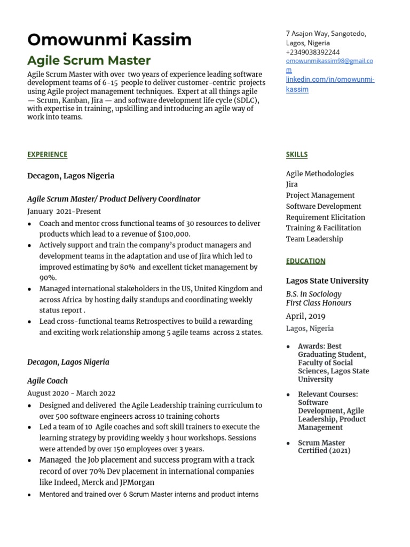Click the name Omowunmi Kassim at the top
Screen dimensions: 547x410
coord(109,40)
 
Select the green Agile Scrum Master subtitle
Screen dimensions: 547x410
coord(89,61)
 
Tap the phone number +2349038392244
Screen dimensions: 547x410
coord(312,52)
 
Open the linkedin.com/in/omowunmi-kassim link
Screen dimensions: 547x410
coord(330,84)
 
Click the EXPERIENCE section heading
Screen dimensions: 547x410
coord(48,154)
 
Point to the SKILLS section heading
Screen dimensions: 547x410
coord(296,154)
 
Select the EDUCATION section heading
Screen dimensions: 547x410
coord(305,261)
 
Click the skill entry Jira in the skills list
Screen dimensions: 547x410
coord(291,184)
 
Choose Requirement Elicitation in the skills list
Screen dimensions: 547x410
coord(325,217)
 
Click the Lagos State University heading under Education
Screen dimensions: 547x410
coord(327,280)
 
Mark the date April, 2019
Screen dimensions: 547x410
coord(305,316)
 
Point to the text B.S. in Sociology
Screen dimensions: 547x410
coord(313,294)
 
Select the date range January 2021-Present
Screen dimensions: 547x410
coord(64,211)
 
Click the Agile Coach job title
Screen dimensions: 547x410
coord(48,381)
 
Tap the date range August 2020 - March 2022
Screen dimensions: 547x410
coord(71,393)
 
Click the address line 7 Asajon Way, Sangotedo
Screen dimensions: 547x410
coord(326,34)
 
